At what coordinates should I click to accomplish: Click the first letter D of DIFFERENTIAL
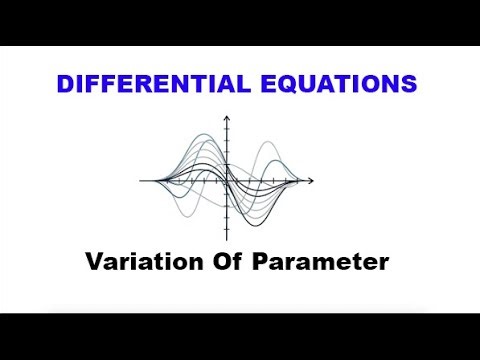pos(67,83)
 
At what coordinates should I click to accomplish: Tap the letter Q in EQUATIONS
pos(284,84)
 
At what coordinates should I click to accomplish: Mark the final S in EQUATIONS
pos(407,83)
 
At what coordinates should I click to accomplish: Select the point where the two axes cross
pos(229,181)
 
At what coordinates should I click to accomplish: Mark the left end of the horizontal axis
pos(141,181)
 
